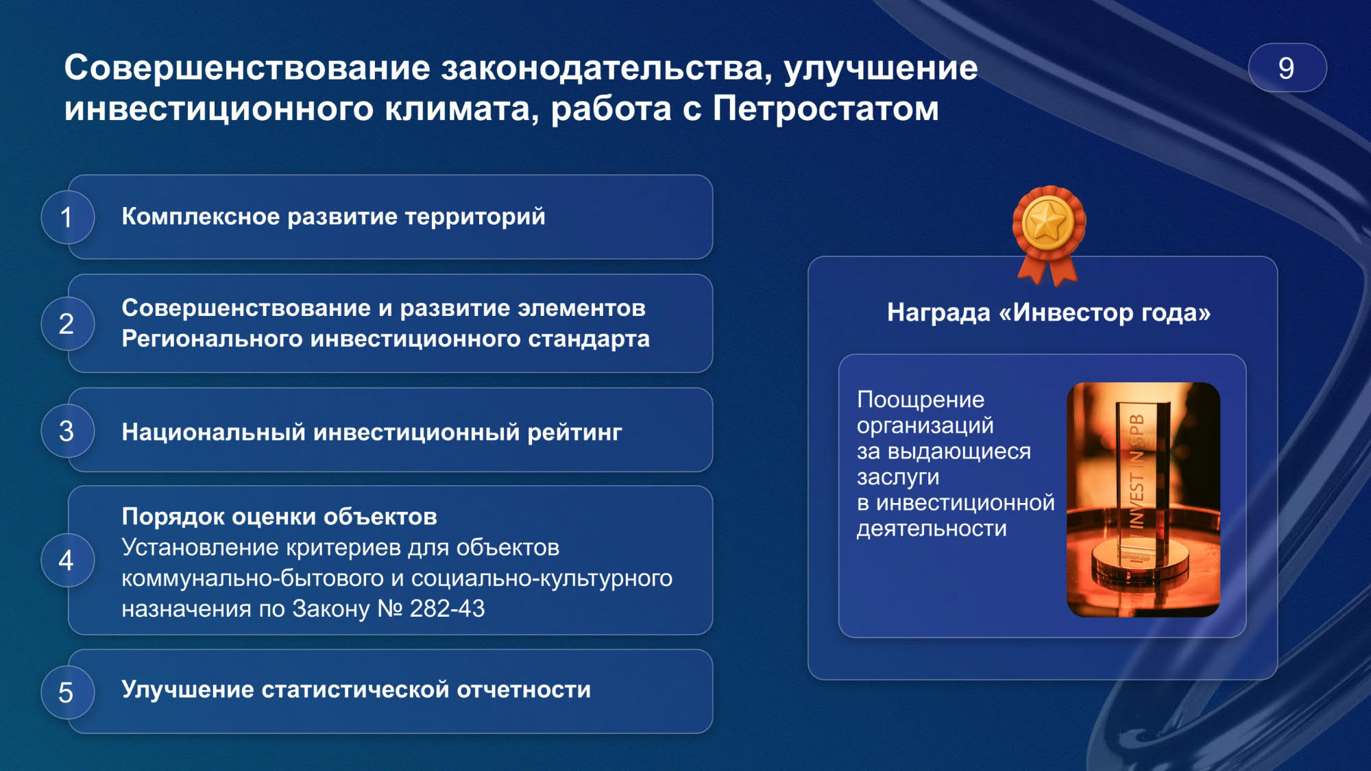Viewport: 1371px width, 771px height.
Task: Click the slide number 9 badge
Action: pos(1287,68)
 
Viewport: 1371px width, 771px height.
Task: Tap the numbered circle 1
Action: pos(67,217)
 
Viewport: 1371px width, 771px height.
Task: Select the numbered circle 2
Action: pos(67,323)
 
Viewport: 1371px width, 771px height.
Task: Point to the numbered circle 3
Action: pos(67,431)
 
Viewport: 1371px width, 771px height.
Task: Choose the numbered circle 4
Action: pos(67,560)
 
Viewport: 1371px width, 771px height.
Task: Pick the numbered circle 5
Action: pos(67,692)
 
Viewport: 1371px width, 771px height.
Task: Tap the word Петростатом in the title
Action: pos(825,108)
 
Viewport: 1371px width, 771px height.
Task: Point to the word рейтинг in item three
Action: pos(574,432)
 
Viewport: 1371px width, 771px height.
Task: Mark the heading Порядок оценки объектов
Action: pos(279,517)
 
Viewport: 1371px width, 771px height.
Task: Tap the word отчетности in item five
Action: pos(524,689)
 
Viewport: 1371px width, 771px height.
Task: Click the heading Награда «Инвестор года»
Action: pos(1049,313)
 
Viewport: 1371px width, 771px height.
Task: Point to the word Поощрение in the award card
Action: pos(921,400)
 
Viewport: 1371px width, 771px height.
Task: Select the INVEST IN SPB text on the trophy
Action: pos(1137,473)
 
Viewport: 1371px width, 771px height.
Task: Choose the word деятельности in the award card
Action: pos(932,528)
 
